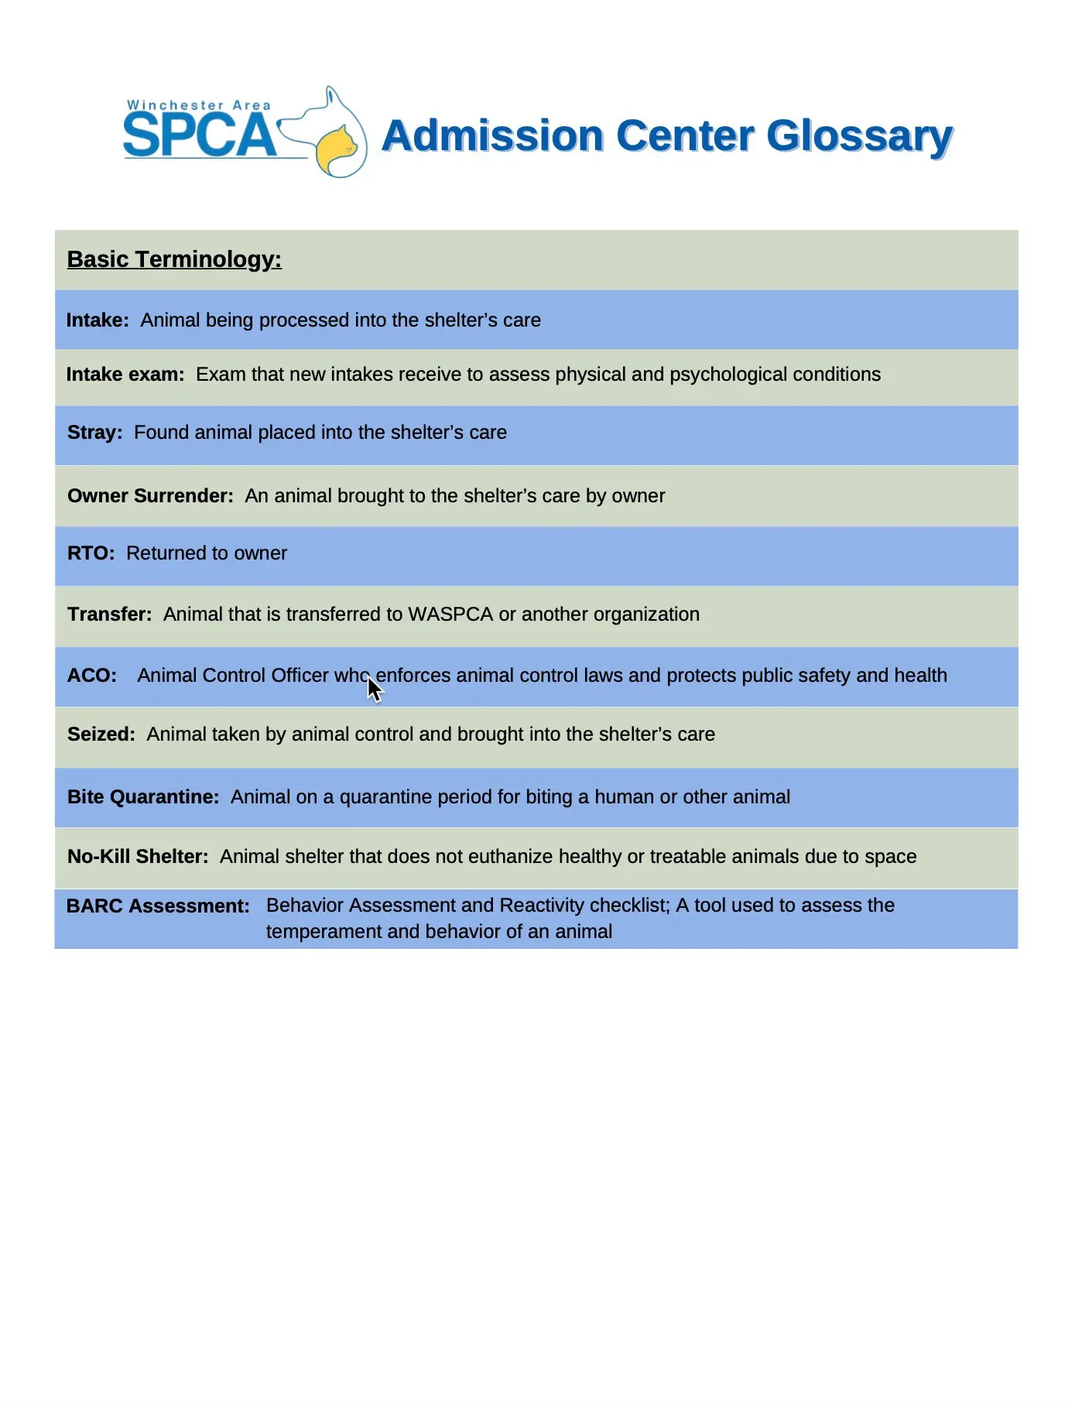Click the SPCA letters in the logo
(x=199, y=136)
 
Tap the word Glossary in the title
(x=859, y=136)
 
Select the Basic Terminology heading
(x=174, y=259)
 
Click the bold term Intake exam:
(x=125, y=375)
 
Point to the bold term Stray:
(x=94, y=433)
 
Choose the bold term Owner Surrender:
(x=150, y=496)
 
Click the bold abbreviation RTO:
(x=91, y=553)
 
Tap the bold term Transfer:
(x=109, y=615)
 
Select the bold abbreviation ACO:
(x=92, y=676)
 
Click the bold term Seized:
(x=101, y=735)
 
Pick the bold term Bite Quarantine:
(x=143, y=797)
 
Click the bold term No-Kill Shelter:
(x=138, y=857)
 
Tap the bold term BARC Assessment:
(x=158, y=906)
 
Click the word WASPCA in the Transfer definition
(x=450, y=615)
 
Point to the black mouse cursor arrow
(x=374, y=688)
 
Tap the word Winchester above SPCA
(x=175, y=105)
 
